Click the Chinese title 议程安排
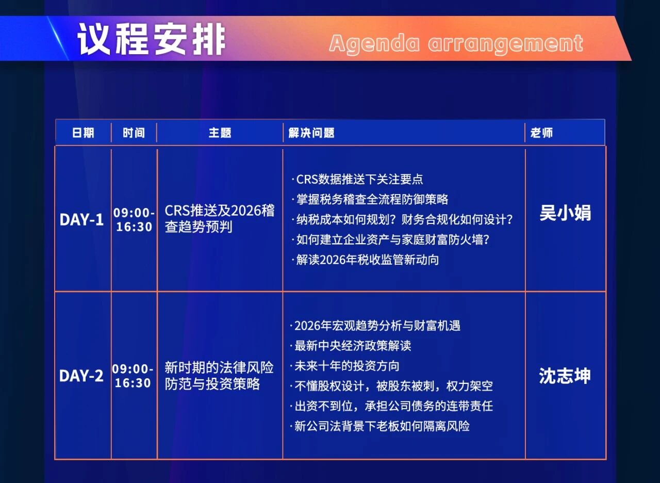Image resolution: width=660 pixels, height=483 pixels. (x=152, y=39)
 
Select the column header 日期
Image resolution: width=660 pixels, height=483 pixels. (x=83, y=133)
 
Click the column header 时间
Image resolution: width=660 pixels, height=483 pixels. (x=134, y=133)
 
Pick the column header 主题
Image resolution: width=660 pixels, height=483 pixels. (x=220, y=133)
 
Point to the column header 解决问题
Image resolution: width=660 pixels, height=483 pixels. (x=311, y=133)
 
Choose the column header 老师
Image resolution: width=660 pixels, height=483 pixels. (x=541, y=133)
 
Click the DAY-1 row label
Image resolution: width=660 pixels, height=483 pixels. (x=81, y=220)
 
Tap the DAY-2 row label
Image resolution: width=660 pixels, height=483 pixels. (x=81, y=376)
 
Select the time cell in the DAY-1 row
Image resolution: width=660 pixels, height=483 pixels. (x=134, y=220)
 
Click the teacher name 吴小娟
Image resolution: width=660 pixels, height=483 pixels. (x=566, y=213)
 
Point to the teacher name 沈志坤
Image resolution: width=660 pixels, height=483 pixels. (x=565, y=376)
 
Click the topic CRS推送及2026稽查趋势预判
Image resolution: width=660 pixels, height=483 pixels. (x=220, y=219)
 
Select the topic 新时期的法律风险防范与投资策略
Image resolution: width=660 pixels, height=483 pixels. (x=219, y=376)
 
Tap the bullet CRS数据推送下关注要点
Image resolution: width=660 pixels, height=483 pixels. (x=357, y=179)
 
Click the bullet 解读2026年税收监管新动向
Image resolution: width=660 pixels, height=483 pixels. (x=365, y=260)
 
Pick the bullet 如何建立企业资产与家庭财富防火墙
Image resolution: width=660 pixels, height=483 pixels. (x=390, y=240)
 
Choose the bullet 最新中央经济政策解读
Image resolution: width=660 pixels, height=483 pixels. (x=350, y=346)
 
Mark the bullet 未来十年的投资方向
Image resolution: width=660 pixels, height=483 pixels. (x=344, y=366)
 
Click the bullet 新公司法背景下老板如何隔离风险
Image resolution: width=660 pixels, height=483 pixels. (x=379, y=426)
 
